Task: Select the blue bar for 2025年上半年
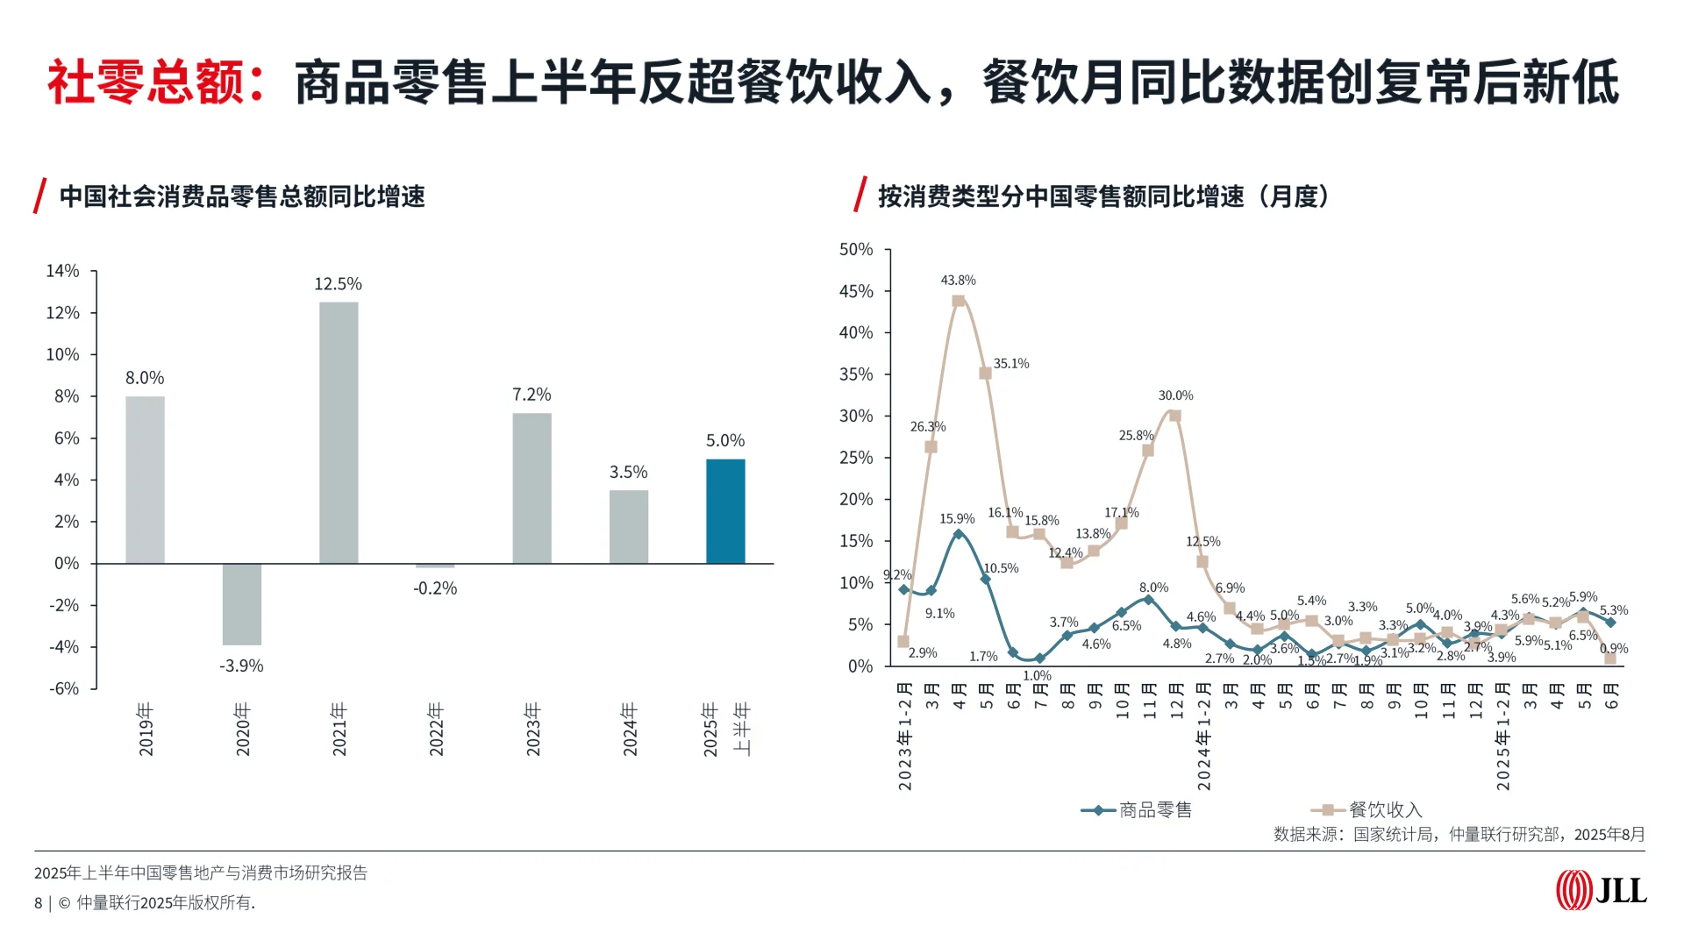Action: pyautogui.click(x=725, y=511)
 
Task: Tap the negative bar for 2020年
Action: pyautogui.click(x=242, y=604)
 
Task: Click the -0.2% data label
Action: pyautogui.click(x=435, y=588)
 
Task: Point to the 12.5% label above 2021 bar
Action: pyautogui.click(x=338, y=284)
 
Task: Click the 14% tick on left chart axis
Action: pyautogui.click(x=62, y=271)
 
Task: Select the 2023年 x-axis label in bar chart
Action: pyautogui.click(x=532, y=729)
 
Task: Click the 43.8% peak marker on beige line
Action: pyautogui.click(x=958, y=301)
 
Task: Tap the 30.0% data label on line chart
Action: pyautogui.click(x=1175, y=395)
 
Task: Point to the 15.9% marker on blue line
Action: pyautogui.click(x=958, y=534)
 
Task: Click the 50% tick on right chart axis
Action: pyautogui.click(x=856, y=250)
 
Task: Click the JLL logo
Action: pyautogui.click(x=1601, y=891)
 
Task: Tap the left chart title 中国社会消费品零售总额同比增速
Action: pyautogui.click(x=242, y=196)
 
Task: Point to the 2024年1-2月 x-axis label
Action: pyautogui.click(x=1204, y=737)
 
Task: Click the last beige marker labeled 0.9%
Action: pyautogui.click(x=1610, y=659)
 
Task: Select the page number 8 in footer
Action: pyautogui.click(x=38, y=903)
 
